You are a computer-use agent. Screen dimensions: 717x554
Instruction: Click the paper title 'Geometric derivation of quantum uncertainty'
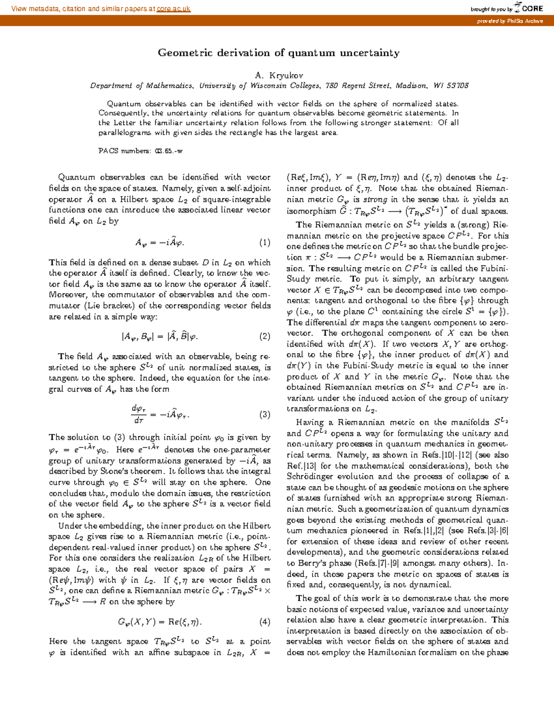(278, 53)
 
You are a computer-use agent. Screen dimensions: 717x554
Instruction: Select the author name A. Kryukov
(279, 75)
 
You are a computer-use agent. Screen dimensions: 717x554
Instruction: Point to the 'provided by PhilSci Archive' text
(510, 21)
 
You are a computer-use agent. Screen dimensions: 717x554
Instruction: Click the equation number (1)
(265, 242)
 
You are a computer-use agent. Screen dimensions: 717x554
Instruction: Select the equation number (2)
(265, 336)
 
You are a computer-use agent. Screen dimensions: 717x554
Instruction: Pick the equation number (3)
(265, 414)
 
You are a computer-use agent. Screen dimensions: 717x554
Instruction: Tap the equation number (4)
(265, 621)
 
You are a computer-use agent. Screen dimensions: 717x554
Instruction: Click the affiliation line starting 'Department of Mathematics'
(279, 85)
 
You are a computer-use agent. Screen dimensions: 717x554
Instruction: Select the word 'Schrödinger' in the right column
(307, 476)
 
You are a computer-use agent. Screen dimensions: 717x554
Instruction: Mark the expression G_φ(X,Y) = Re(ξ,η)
(160, 621)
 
